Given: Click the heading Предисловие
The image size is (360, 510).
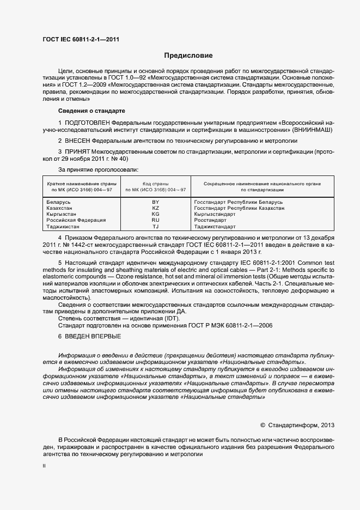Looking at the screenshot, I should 188,56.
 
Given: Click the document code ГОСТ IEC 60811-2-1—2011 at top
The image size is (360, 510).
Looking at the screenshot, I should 81,40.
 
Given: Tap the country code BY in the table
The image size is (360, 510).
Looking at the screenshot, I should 155,202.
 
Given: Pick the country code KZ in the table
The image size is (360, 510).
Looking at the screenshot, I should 155,208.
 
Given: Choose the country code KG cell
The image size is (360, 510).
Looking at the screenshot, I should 155,214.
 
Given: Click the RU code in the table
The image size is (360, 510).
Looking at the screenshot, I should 155,220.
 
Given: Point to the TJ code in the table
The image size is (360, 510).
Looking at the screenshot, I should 155,226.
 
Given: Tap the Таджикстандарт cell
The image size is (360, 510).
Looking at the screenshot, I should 215,226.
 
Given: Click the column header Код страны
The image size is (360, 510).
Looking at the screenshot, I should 155,184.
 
